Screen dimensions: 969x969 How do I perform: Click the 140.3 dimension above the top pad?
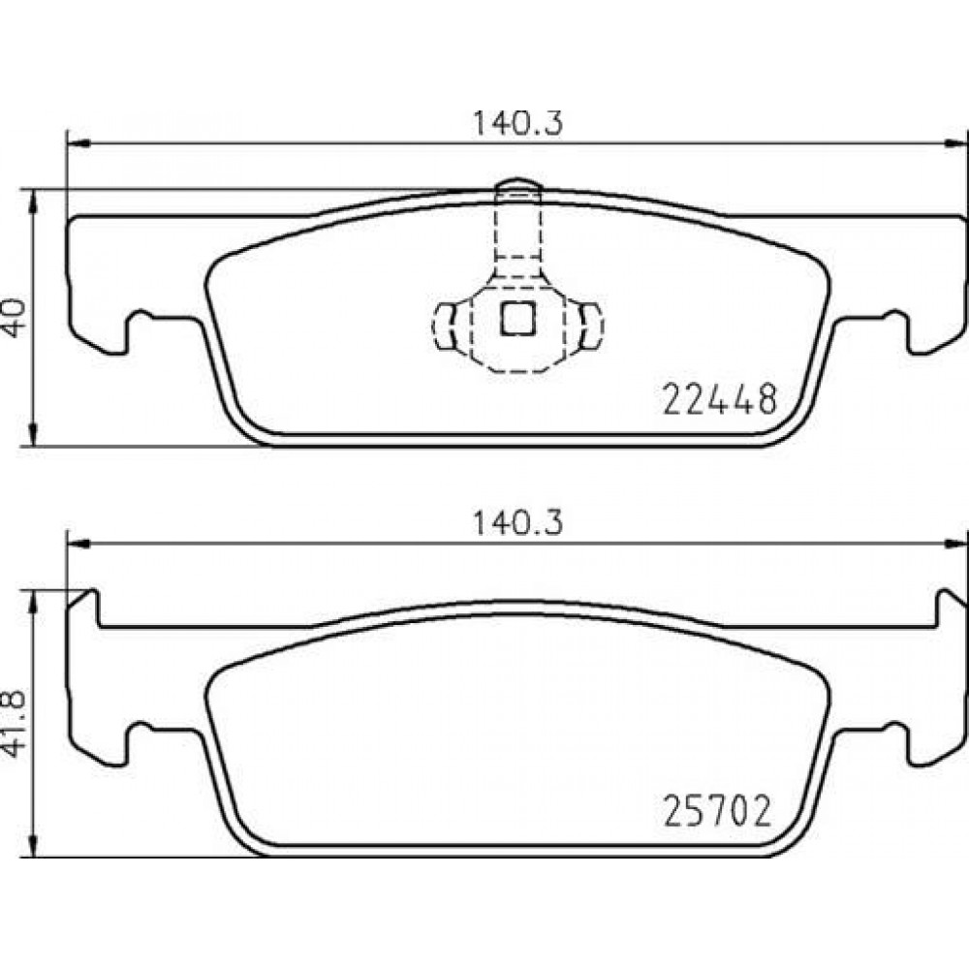pos(517,124)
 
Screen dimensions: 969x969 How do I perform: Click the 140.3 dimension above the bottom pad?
pos(517,524)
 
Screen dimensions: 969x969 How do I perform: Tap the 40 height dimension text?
pos(15,318)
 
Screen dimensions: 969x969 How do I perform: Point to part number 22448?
pos(719,399)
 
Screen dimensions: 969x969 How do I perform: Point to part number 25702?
pos(717,811)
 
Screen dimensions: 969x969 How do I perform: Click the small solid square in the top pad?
pos(517,319)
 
